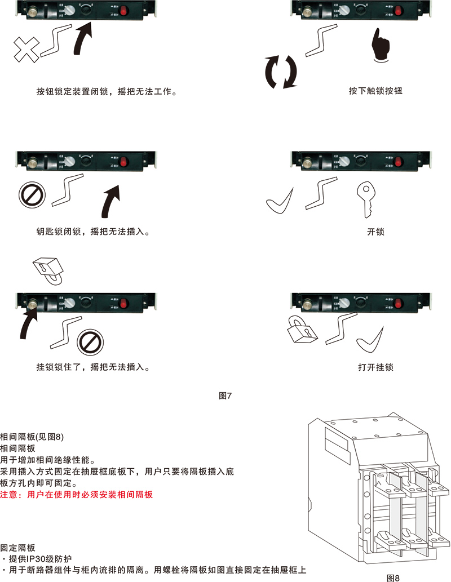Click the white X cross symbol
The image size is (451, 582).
[x=26, y=50]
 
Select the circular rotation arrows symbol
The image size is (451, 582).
[x=281, y=72]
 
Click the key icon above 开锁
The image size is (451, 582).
[x=366, y=199]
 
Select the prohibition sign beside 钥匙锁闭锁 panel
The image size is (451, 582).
[x=32, y=194]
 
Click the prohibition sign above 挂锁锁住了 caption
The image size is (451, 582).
[x=90, y=341]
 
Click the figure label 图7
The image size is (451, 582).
[x=225, y=396]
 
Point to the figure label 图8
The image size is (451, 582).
[x=393, y=577]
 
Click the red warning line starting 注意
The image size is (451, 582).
[x=76, y=495]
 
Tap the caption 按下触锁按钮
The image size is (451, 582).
[x=375, y=91]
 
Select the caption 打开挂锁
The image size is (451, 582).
[x=375, y=367]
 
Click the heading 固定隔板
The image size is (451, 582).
[x=18, y=548]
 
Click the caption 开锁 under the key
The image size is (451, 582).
[x=375, y=232]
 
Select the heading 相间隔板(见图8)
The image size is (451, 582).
[x=32, y=437]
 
